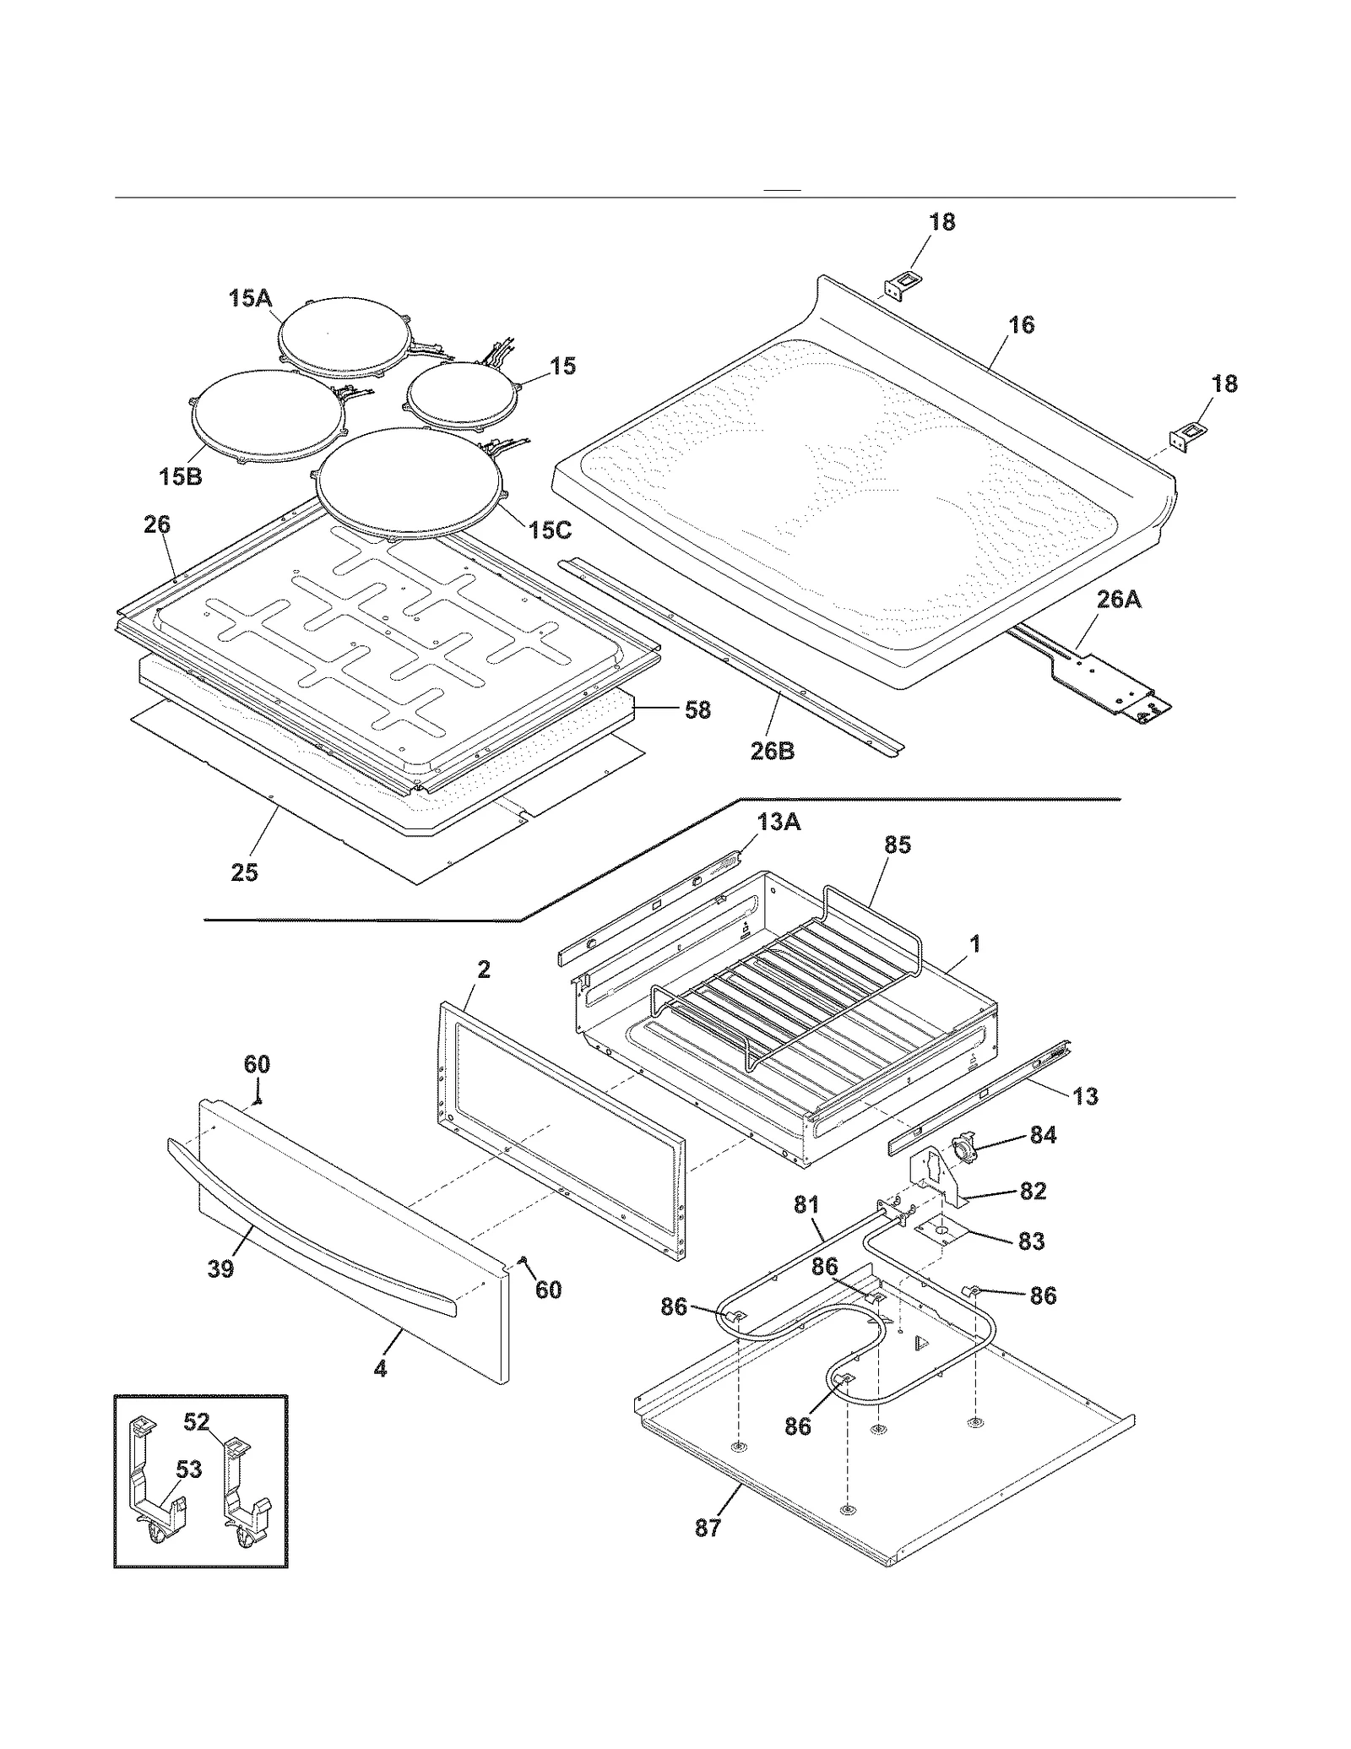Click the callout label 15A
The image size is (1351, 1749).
click(250, 298)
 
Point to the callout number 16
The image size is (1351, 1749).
click(1021, 325)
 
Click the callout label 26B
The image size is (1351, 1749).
click(773, 751)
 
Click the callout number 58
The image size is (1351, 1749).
click(697, 710)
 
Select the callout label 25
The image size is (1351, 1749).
click(244, 872)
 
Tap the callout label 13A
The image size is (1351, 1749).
click(779, 822)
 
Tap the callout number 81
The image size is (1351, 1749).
click(806, 1204)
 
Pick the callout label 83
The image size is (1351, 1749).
click(1031, 1241)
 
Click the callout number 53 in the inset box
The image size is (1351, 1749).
click(188, 1469)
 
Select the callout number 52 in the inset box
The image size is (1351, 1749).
click(196, 1421)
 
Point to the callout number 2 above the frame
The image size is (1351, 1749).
click(483, 970)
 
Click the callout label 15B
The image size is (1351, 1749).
click(180, 477)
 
